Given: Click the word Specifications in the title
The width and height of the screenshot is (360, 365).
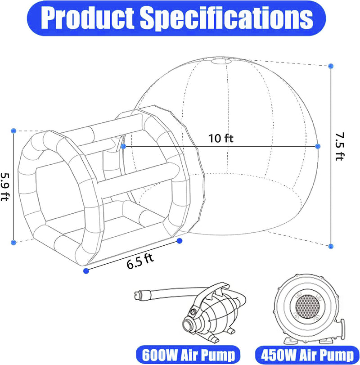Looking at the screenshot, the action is [x=226, y=18].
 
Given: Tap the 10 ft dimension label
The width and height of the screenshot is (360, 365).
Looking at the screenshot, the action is [x=220, y=138].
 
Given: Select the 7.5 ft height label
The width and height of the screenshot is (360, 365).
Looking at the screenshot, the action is [x=339, y=146].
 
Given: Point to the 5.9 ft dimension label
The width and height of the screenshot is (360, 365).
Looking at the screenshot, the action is [x=4, y=186].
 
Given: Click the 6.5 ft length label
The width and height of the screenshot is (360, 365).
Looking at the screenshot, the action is [x=140, y=261].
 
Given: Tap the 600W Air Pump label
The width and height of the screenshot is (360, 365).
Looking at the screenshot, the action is [x=188, y=355].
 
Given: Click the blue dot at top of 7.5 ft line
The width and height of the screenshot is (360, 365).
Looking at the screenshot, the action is [x=331, y=66].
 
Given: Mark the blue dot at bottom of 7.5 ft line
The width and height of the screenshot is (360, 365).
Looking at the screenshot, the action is [x=331, y=246].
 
